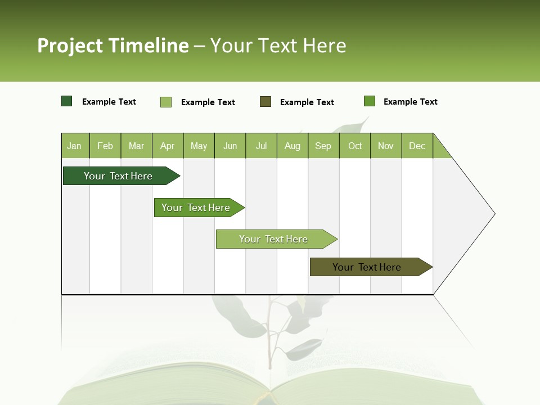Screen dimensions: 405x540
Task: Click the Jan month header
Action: click(74, 146)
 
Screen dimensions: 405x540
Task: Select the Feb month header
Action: click(105, 146)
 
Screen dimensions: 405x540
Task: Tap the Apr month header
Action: click(167, 146)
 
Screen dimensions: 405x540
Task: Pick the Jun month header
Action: click(230, 146)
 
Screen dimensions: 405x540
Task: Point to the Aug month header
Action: click(292, 146)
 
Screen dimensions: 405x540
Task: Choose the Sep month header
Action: click(323, 146)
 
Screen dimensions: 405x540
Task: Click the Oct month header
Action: click(355, 146)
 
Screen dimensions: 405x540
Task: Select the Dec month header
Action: click(417, 146)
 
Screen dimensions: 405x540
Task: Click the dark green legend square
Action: click(67, 101)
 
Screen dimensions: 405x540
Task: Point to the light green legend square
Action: click(166, 102)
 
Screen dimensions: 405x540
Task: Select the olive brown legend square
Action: click(265, 101)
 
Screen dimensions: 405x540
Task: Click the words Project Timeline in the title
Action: click(113, 46)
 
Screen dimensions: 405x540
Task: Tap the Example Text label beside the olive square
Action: click(307, 102)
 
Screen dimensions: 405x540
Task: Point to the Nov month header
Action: click(386, 146)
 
